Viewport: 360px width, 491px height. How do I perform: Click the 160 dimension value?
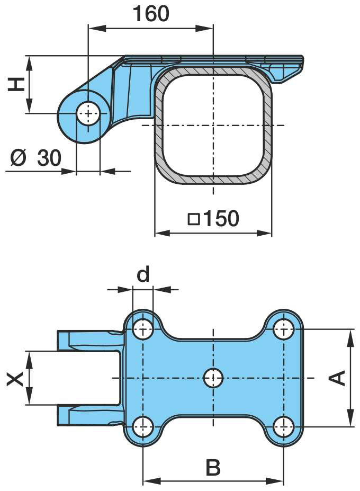[x=151, y=13]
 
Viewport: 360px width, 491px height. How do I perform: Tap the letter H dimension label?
[x=16, y=85]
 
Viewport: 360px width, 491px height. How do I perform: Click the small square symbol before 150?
[x=194, y=219]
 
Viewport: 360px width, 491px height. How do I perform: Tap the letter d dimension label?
[x=143, y=274]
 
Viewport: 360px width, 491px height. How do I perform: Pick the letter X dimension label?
[x=15, y=378]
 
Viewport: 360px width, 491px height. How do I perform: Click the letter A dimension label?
[x=337, y=378]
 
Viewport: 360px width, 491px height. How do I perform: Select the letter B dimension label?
[x=213, y=467]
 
